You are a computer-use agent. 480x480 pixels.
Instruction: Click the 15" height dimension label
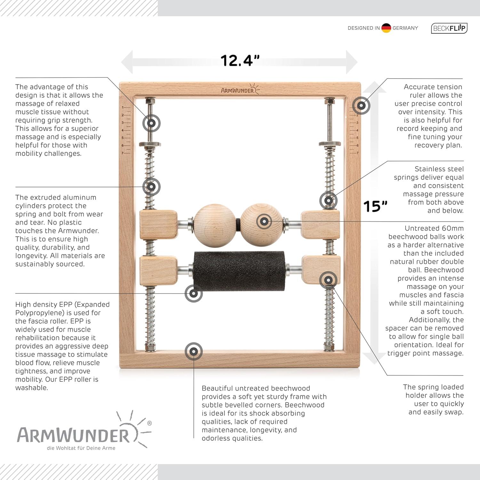tap(375, 206)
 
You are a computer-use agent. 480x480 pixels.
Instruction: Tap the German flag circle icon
tap(386, 28)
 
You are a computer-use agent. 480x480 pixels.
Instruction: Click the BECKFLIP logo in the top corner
tap(449, 28)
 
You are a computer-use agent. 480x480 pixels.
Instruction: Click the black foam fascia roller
tap(239, 271)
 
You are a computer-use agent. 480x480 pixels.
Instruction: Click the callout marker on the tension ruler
tap(361, 105)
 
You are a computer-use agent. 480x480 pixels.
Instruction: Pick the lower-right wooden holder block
tap(321, 270)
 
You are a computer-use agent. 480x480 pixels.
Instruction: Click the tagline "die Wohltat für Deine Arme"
tap(81, 448)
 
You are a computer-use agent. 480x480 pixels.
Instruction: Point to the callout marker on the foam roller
tap(194, 293)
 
